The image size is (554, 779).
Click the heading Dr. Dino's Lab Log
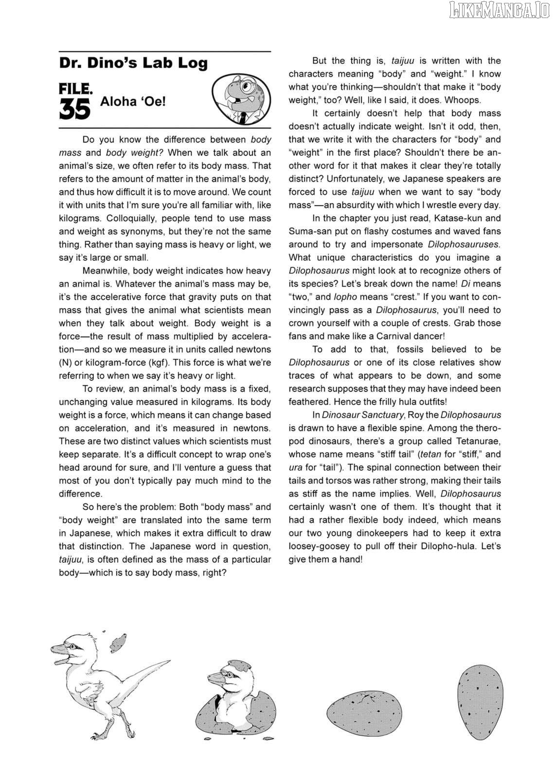coord(133,63)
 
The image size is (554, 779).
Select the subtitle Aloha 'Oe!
coord(133,103)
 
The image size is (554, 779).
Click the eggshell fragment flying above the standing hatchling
coord(118,639)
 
